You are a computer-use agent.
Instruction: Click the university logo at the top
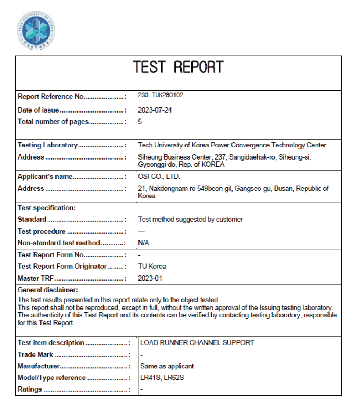pyautogui.click(x=36, y=31)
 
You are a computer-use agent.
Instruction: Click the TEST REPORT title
pyautogui.click(x=178, y=67)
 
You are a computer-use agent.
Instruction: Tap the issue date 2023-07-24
pyautogui.click(x=155, y=110)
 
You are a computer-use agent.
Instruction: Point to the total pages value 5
pyautogui.click(x=140, y=121)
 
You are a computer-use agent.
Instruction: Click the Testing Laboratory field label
pyautogui.click(x=48, y=145)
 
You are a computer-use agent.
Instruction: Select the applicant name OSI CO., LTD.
pyautogui.click(x=159, y=177)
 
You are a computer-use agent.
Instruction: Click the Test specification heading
pyautogui.click(x=47, y=208)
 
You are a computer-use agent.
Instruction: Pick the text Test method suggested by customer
pyautogui.click(x=190, y=220)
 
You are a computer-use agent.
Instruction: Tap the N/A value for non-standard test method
pyautogui.click(x=144, y=243)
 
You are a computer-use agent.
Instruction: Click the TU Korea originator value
pyautogui.click(x=152, y=266)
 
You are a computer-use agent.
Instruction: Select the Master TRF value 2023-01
pyautogui.click(x=150, y=278)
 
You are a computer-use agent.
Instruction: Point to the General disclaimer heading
pyautogui.click(x=48, y=290)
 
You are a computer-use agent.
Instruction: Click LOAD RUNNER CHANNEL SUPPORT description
pyautogui.click(x=197, y=343)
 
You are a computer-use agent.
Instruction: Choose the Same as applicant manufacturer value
pyautogui.click(x=167, y=366)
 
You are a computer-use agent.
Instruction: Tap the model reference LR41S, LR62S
pyautogui.click(x=162, y=378)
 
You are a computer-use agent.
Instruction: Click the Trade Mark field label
pyautogui.click(x=35, y=355)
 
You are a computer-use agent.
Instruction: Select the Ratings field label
pyautogui.click(x=30, y=389)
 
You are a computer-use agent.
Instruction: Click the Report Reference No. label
pyautogui.click(x=51, y=97)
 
